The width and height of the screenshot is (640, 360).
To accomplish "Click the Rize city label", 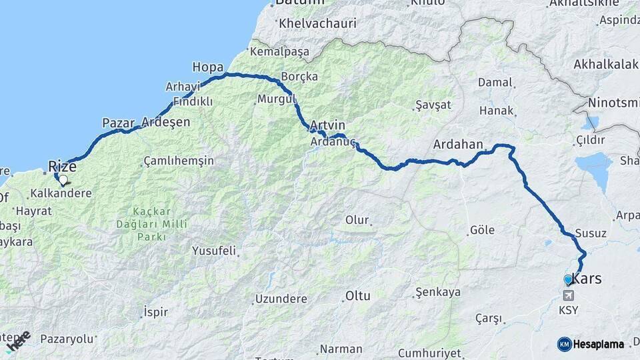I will pyautogui.click(x=63, y=166).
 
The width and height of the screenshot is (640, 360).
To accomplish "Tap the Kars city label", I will pyautogui.click(x=587, y=279).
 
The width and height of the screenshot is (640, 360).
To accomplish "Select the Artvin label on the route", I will pyautogui.click(x=328, y=125).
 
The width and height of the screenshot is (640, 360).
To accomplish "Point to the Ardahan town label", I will pyautogui.click(x=457, y=144).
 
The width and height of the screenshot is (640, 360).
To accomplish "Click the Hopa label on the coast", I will pyautogui.click(x=207, y=67).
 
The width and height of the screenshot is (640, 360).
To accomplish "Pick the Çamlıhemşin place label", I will pyautogui.click(x=179, y=161).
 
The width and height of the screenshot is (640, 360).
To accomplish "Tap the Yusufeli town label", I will pyautogui.click(x=214, y=251).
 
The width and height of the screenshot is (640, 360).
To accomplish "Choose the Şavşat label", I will pyautogui.click(x=433, y=105).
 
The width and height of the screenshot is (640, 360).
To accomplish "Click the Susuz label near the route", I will pyautogui.click(x=590, y=233).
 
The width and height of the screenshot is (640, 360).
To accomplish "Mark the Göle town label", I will pyautogui.click(x=483, y=230).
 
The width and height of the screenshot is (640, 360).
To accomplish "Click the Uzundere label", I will pyautogui.click(x=281, y=299).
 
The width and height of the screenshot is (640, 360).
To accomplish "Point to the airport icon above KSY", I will pyautogui.click(x=568, y=295).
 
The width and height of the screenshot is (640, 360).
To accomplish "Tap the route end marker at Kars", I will pyautogui.click(x=568, y=279).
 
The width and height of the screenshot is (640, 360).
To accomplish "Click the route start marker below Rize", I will pyautogui.click(x=63, y=179).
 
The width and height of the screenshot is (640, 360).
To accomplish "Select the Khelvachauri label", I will pyautogui.click(x=318, y=23).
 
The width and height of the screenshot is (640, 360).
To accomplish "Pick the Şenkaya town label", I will pyautogui.click(x=437, y=292).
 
